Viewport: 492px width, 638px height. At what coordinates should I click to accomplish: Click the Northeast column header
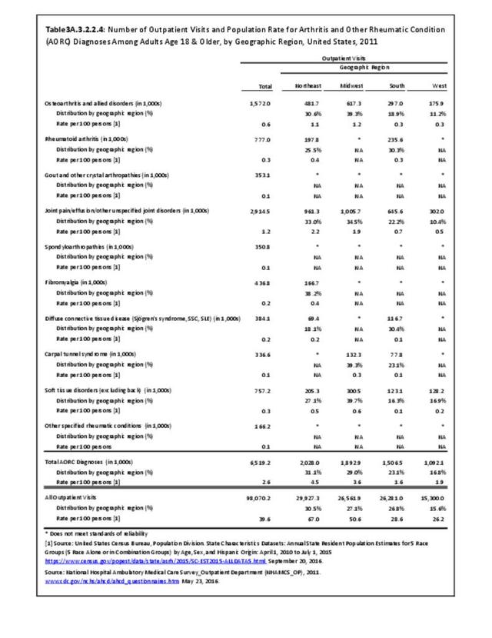pyautogui.click(x=307, y=85)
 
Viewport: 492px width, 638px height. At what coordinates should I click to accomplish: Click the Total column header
pyautogui.click(x=267, y=85)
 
